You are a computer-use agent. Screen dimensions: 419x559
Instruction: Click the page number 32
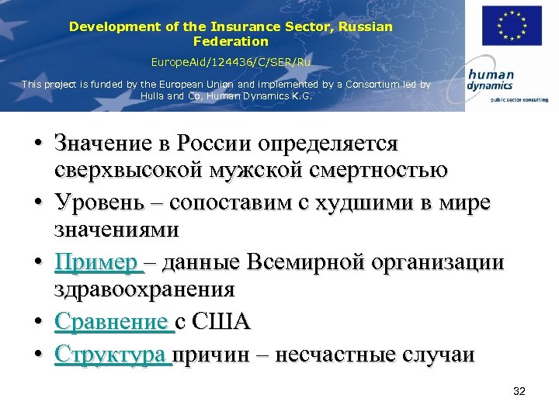(519, 392)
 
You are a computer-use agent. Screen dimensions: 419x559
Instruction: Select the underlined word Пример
(95, 262)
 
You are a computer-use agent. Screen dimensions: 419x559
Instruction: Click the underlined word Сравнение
(111, 321)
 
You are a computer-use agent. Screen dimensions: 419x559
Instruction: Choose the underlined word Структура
(112, 355)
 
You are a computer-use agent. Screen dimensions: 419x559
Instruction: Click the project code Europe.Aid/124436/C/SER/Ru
(231, 61)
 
